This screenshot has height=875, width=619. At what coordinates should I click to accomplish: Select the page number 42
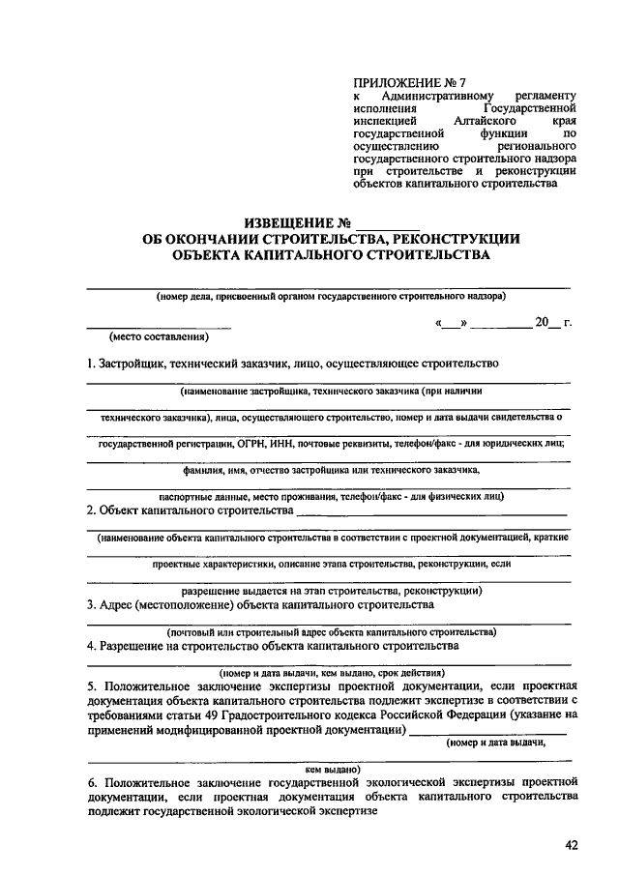[x=570, y=846]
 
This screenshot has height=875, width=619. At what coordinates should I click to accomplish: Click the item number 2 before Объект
[x=90, y=510]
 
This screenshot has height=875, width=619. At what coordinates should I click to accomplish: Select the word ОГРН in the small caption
[x=280, y=444]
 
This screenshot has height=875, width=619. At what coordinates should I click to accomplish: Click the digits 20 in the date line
[x=542, y=322]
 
